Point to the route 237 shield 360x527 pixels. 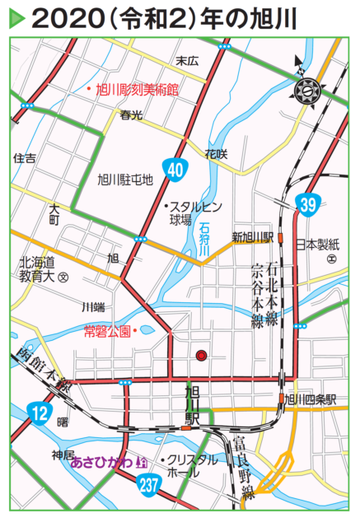pyautogui.click(x=148, y=486)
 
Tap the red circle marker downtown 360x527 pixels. pyautogui.click(x=200, y=356)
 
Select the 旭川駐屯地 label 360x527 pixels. pyautogui.click(x=125, y=178)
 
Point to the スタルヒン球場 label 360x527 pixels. pyautogui.click(x=190, y=212)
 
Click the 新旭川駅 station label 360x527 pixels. pyautogui.click(x=252, y=237)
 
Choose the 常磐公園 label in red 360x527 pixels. pyautogui.click(x=107, y=332)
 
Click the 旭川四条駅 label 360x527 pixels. pyautogui.click(x=311, y=399)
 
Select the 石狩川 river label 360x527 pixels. pyautogui.click(x=205, y=239)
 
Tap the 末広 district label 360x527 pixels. pyautogui.click(x=187, y=60)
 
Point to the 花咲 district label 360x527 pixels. pyautogui.click(x=216, y=153)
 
